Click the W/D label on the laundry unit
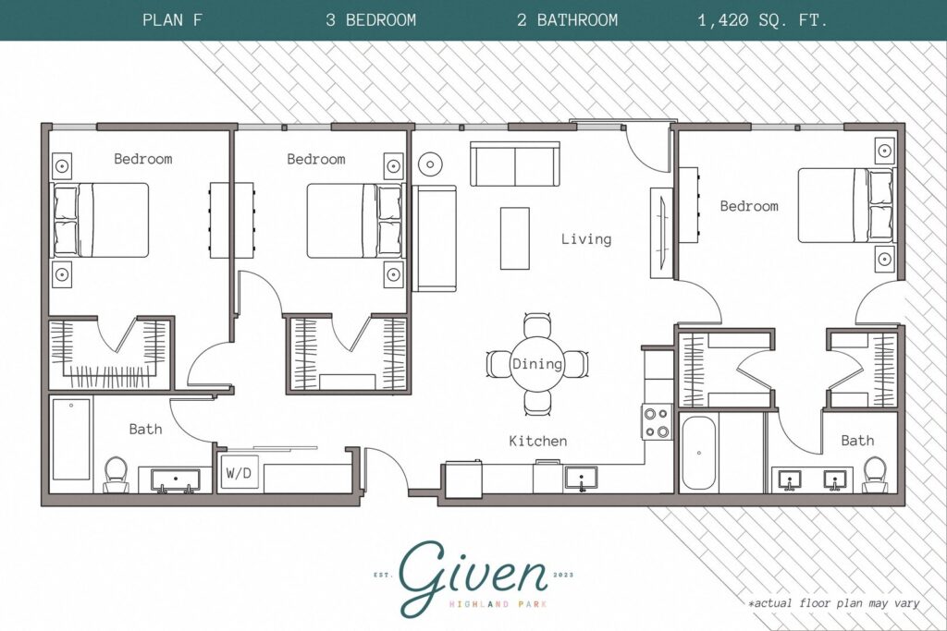pyautogui.click(x=238, y=473)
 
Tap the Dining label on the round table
pyautogui.click(x=537, y=364)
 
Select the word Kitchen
pyautogui.click(x=537, y=442)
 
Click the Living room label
pyautogui.click(x=586, y=239)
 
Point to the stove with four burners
pyautogui.click(x=658, y=422)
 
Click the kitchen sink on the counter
pyautogui.click(x=581, y=479)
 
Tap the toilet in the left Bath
pyautogui.click(x=117, y=473)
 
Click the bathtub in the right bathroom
pyautogui.click(x=699, y=454)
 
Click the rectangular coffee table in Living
pyautogui.click(x=515, y=237)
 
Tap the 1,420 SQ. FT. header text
pyautogui.click(x=763, y=19)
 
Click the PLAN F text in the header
pyautogui.click(x=173, y=19)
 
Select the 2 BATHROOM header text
pyautogui.click(x=567, y=19)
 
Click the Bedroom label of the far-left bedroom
pyautogui.click(x=142, y=159)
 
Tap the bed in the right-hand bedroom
pyautogui.click(x=844, y=205)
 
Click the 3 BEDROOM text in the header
pyautogui.click(x=370, y=19)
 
